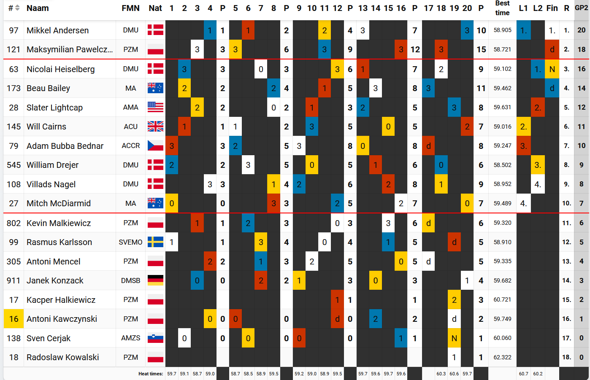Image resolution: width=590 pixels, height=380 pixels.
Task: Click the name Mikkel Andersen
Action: pos(57,30)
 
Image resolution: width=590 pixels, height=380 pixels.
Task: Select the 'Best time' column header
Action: pos(502,8)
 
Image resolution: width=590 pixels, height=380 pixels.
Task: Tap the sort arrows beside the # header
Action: pos(17,8)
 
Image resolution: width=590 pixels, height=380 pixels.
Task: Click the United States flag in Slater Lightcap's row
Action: pos(155,108)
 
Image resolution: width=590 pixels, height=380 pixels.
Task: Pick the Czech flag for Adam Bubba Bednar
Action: pos(155,146)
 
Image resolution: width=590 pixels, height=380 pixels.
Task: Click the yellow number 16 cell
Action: pos(14,319)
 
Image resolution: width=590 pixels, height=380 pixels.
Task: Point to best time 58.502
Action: pos(502,165)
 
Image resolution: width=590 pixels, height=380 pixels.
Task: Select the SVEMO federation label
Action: pos(131,242)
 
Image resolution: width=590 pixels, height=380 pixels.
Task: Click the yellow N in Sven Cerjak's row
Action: pos(454,338)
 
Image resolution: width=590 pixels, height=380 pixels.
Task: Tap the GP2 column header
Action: pos(581,8)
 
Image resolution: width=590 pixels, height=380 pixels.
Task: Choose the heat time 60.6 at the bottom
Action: pos(454,374)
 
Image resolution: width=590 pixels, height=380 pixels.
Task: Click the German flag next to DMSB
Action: pos(155,280)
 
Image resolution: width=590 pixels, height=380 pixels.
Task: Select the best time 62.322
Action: pos(502,357)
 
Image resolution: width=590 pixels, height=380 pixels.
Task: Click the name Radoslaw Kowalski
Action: pos(63,357)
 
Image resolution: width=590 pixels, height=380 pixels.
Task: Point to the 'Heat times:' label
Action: pos(151,374)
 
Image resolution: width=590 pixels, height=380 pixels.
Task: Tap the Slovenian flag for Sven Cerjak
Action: pos(155,338)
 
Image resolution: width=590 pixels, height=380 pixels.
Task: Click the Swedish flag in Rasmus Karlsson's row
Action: pos(155,242)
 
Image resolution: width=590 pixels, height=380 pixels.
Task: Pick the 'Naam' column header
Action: pos(38,8)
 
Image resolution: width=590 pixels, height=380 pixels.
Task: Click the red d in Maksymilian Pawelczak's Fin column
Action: pos(552,49)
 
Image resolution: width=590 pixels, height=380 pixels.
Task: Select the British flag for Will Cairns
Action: pos(155,127)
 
